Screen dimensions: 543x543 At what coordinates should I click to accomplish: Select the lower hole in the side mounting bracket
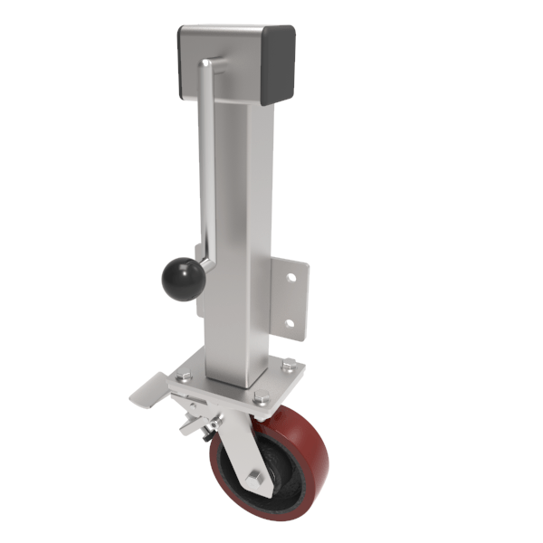290,323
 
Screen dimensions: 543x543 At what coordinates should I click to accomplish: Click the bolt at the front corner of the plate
262,395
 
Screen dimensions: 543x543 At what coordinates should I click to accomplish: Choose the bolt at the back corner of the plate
287,365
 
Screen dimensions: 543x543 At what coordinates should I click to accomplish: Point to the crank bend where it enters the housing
207,64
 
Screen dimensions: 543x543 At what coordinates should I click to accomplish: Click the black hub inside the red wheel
271,471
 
